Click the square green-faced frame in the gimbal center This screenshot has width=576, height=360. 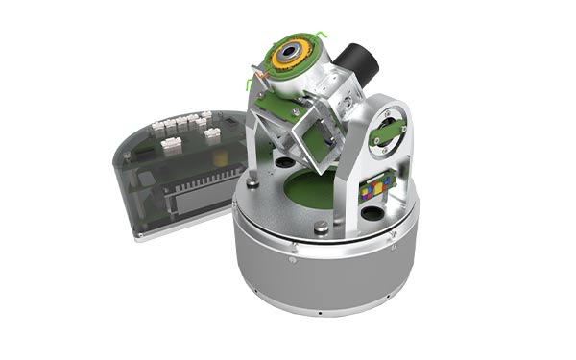point(312,144)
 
